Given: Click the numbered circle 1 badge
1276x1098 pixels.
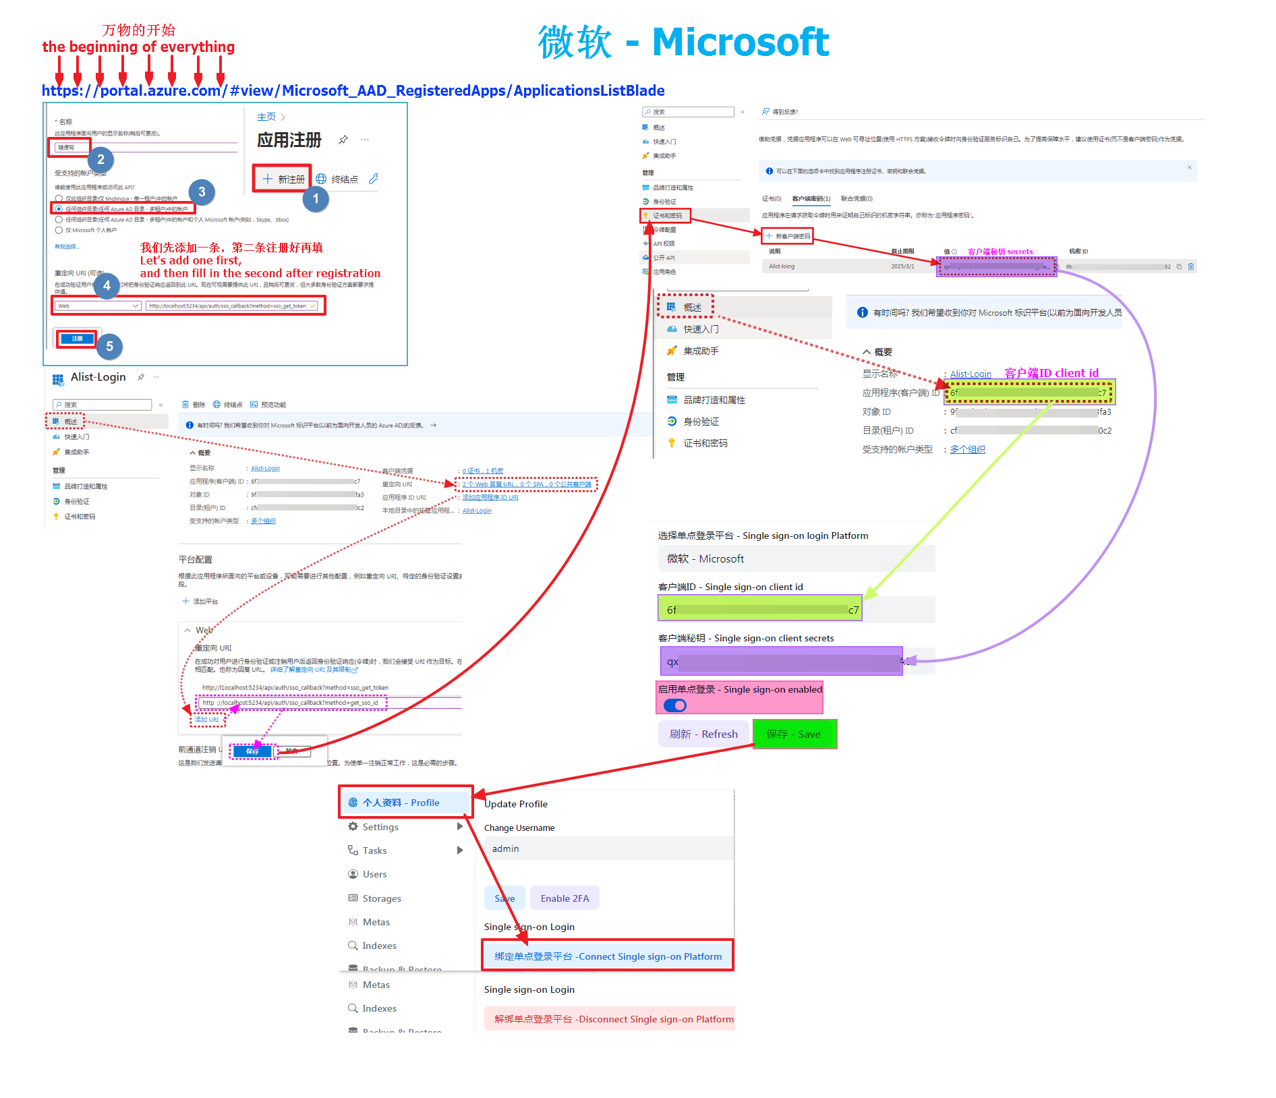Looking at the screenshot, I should (x=315, y=199).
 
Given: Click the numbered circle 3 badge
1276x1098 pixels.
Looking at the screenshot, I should (x=202, y=192).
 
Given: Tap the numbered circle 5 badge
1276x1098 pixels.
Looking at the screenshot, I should (x=109, y=347).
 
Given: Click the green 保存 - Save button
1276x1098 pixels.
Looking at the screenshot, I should (x=794, y=734).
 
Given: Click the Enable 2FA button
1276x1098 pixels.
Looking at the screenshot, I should (x=564, y=898).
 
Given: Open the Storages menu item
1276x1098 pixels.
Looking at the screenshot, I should (x=381, y=898).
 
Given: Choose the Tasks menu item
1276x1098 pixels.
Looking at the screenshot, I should (x=374, y=850).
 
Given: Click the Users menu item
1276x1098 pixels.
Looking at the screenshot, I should (x=374, y=874).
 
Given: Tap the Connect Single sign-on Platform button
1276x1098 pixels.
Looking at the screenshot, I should (x=608, y=956).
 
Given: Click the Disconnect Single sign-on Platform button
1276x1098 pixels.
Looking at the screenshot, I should (x=613, y=1019).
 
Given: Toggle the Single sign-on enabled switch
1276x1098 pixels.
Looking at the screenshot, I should (x=674, y=705).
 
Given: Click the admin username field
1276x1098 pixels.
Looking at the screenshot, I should (x=607, y=848).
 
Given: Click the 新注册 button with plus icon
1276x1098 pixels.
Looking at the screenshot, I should (x=283, y=179).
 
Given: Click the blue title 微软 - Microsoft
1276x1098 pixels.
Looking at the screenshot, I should (x=683, y=42).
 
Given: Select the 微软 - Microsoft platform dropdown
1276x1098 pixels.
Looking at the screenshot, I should (x=796, y=558).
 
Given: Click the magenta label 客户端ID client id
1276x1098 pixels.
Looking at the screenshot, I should (x=1051, y=373).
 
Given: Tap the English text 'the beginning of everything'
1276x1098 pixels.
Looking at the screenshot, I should (x=138, y=47).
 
